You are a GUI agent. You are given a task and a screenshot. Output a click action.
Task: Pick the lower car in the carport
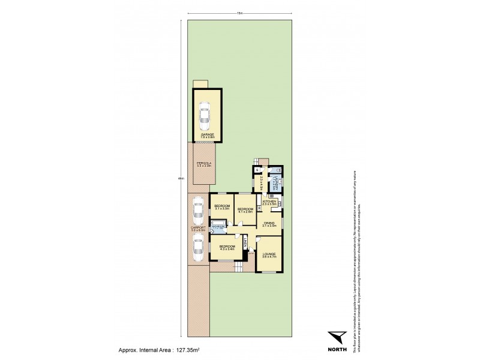(198, 248)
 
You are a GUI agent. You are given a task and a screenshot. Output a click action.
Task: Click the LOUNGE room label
(269, 255)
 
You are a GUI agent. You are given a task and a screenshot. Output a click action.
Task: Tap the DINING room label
(269, 223)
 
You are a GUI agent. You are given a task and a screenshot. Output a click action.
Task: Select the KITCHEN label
(269, 202)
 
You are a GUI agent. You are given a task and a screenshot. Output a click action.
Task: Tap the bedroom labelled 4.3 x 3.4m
(226, 247)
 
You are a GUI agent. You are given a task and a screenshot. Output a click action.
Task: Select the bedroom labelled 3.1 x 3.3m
(221, 208)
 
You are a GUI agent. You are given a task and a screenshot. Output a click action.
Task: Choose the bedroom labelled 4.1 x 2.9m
(245, 210)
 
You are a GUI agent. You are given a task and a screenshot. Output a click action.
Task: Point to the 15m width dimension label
(239, 13)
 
